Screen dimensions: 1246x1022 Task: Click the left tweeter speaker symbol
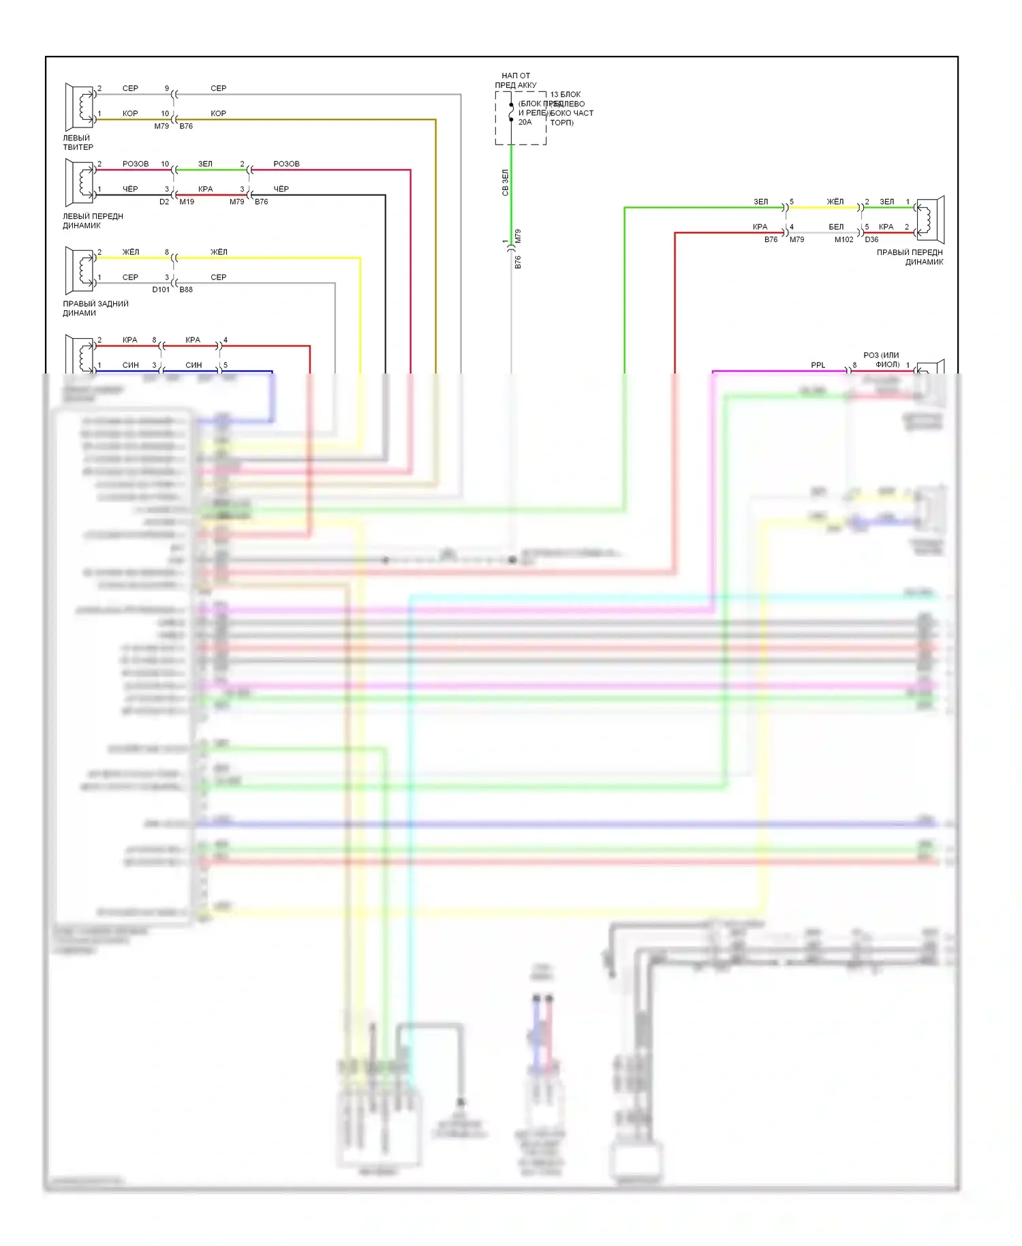(80, 107)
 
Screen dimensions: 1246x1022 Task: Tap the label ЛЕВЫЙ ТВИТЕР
(78, 142)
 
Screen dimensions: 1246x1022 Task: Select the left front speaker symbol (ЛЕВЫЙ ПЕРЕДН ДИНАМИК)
(80, 183)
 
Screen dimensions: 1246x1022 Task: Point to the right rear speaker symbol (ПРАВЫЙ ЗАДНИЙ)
(80, 271)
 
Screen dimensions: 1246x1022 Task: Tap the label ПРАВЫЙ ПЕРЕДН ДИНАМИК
(910, 257)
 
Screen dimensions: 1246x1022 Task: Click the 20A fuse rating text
(525, 122)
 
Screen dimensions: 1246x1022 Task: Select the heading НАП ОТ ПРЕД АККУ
(516, 80)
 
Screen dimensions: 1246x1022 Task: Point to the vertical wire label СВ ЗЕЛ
(505, 183)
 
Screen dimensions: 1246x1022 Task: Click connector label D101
(161, 290)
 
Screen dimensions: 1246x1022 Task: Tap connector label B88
(186, 290)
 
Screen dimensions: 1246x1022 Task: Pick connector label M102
(843, 239)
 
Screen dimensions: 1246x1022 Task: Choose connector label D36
(871, 239)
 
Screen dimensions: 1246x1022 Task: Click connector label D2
(164, 202)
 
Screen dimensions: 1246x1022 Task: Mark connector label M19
(187, 202)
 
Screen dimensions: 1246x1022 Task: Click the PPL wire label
(818, 365)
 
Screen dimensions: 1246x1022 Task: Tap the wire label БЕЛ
(836, 227)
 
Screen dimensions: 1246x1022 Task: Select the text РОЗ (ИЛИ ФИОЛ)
(882, 360)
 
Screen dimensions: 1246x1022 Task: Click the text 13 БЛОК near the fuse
(566, 95)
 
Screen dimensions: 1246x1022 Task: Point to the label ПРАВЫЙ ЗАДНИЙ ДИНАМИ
(95, 308)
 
